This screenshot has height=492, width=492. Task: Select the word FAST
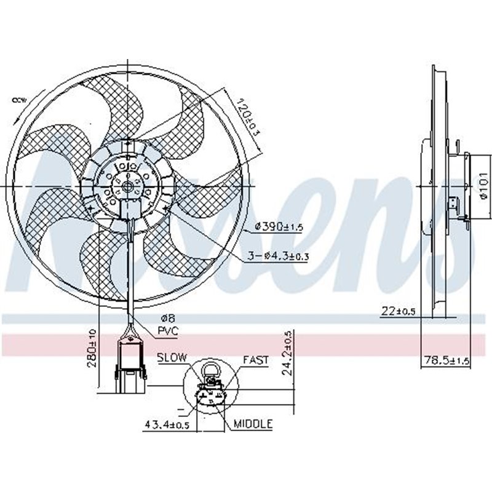[x=255, y=360]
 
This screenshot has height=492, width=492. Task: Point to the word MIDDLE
[x=253, y=424]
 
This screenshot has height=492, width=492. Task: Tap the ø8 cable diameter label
[x=167, y=319]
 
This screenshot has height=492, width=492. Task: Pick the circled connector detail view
[x=211, y=391]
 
